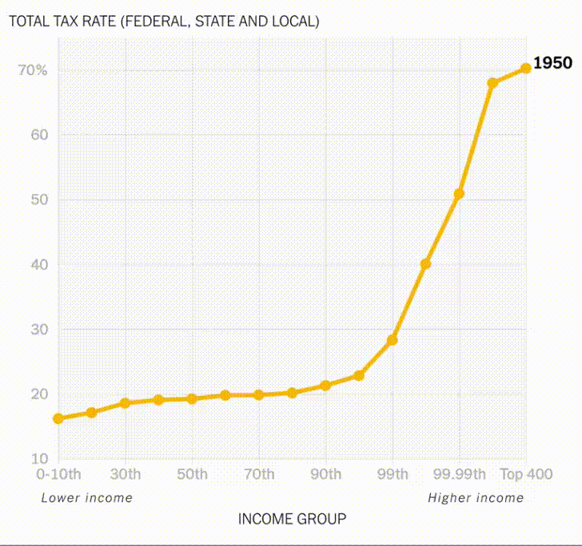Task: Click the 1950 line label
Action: point(552,63)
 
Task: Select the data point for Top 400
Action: point(525,69)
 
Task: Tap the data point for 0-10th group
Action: point(58,418)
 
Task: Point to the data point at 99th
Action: point(392,340)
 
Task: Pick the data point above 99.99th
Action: point(459,194)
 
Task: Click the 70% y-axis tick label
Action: point(33,70)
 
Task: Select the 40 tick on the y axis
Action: point(40,265)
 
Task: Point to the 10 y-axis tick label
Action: point(40,459)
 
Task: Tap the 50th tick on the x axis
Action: point(192,475)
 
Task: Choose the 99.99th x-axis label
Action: point(459,475)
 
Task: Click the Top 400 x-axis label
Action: point(526,475)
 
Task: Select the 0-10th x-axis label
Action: point(58,475)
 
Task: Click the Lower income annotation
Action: point(86,498)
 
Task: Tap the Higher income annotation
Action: point(476,498)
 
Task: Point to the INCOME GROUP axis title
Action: point(292,520)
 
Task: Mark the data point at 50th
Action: point(192,398)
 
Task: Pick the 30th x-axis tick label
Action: point(126,475)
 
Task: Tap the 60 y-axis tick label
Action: point(40,135)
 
